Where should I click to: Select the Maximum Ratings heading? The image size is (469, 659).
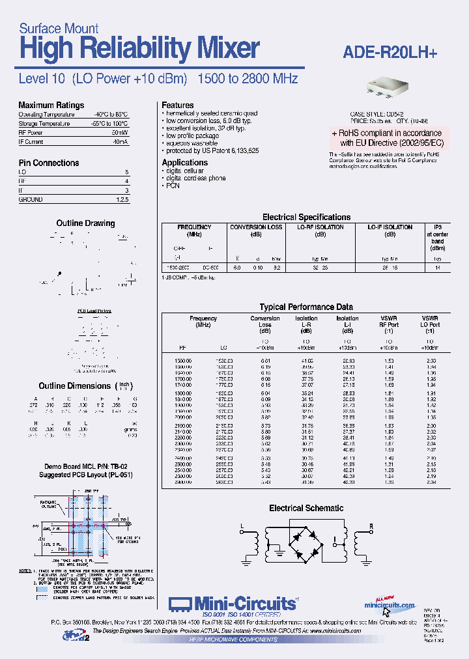click(51, 105)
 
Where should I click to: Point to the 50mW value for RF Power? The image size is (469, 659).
click(120, 132)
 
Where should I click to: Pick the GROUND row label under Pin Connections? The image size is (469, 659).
click(31, 200)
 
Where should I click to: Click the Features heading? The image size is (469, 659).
click(178, 105)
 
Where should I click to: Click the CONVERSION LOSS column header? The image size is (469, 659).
click(257, 227)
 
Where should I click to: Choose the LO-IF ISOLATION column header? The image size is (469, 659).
click(390, 227)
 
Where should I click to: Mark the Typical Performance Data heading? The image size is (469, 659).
click(306, 307)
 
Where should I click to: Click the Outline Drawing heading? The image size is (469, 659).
click(85, 223)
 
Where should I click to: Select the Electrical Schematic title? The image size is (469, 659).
click(306, 508)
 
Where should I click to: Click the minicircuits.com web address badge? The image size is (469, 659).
click(391, 605)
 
